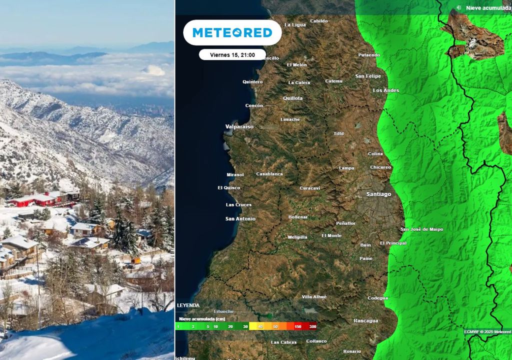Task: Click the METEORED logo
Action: (232, 33)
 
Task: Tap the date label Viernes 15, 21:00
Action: (232, 54)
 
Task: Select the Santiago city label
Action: (378, 194)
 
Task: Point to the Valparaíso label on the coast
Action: (239, 126)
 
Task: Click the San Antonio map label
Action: (240, 218)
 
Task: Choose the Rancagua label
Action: (365, 320)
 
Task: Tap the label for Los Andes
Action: (386, 90)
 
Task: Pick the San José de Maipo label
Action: (421, 229)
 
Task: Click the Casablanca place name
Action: (269, 174)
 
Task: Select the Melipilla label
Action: (297, 237)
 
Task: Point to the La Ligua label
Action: (295, 24)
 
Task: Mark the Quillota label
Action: (293, 98)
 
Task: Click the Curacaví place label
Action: (309, 188)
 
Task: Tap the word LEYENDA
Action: (188, 305)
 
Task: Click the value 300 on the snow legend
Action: (312, 326)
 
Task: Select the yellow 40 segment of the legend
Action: (260, 326)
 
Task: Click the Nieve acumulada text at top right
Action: (488, 8)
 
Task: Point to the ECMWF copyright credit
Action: (487, 331)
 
